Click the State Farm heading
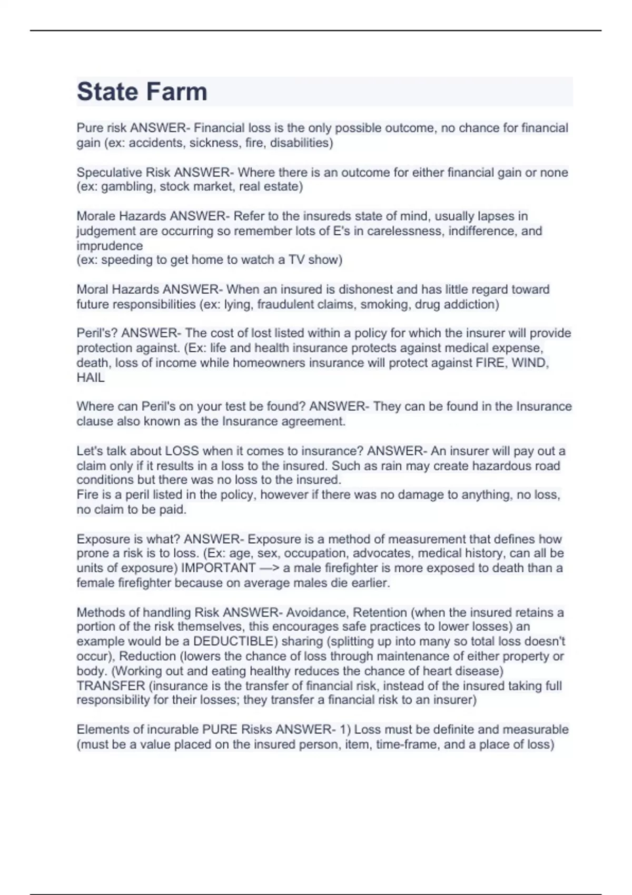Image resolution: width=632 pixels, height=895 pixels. point(142,92)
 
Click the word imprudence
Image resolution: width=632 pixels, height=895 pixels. point(110,245)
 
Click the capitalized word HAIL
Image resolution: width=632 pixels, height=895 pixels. point(91,377)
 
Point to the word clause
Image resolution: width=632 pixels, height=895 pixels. point(94,421)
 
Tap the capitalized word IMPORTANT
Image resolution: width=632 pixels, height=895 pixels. point(218,568)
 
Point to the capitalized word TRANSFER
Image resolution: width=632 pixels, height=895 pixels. point(111,685)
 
